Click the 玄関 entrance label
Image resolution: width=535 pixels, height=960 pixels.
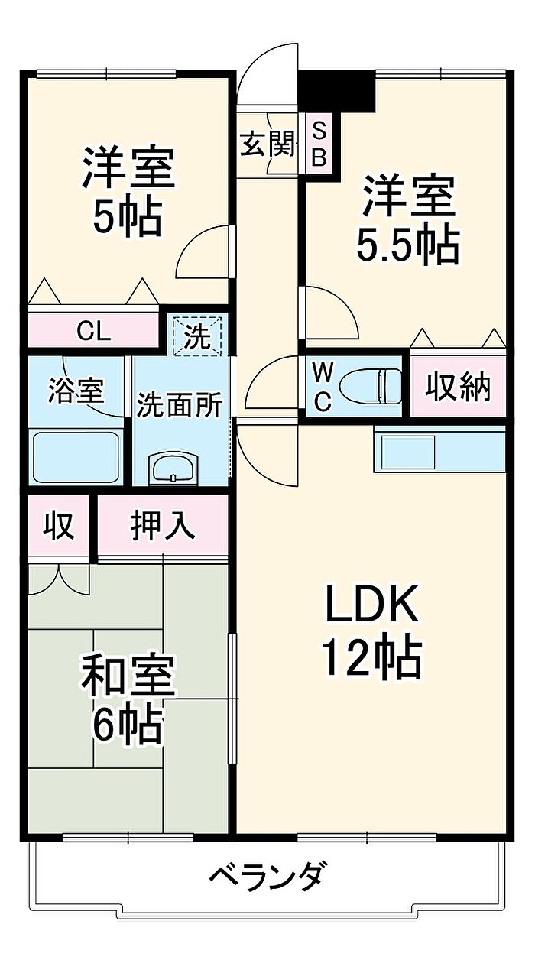(x=267, y=144)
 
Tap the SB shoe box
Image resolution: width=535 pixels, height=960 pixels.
(x=320, y=144)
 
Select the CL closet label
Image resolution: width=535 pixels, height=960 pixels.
(x=95, y=332)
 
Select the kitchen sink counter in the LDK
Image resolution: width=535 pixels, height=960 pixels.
(x=439, y=451)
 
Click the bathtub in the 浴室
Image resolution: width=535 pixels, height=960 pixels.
(x=76, y=456)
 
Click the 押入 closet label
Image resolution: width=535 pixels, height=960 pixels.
(x=162, y=526)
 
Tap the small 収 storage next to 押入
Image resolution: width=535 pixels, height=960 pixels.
(x=59, y=526)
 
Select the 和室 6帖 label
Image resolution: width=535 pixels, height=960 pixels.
(x=128, y=699)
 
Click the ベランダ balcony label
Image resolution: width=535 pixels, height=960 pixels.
(x=269, y=874)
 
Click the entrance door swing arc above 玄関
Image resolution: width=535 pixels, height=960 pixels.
(x=264, y=76)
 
